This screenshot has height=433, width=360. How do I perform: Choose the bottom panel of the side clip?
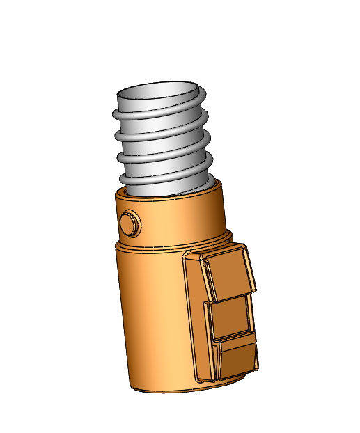tap(237, 356)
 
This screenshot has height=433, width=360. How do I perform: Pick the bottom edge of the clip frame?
tap(230, 377)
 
